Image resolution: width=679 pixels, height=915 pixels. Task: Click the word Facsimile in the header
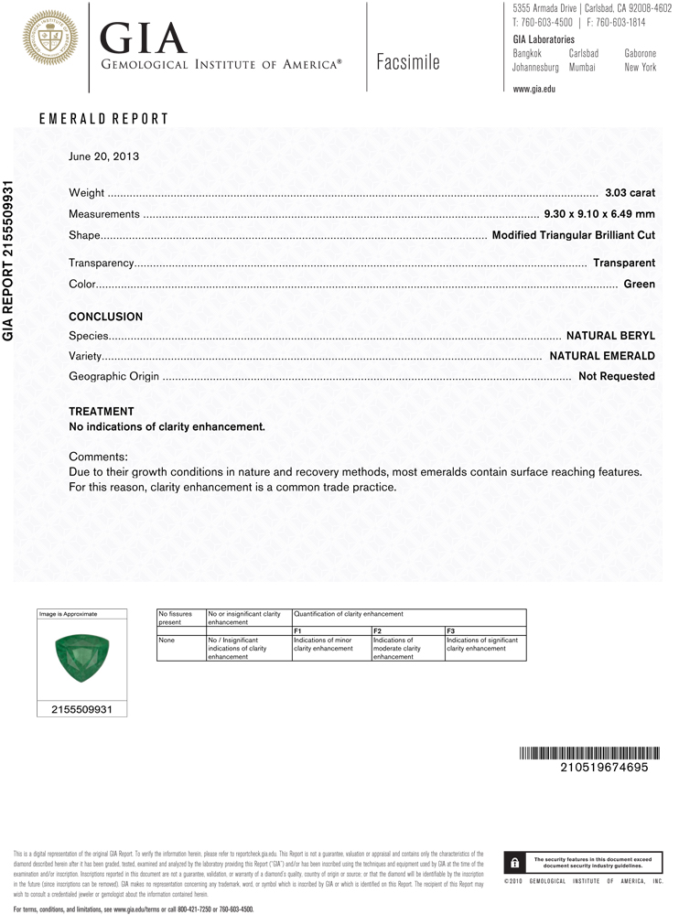point(407,62)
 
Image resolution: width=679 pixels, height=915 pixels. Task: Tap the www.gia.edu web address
point(534,89)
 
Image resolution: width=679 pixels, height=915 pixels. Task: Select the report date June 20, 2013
point(103,156)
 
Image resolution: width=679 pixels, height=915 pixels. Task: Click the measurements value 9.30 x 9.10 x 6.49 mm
point(599,214)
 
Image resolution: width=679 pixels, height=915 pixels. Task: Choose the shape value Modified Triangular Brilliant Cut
point(574,235)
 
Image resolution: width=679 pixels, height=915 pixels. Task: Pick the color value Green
point(639,284)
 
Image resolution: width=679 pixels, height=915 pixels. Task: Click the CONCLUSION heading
point(106,317)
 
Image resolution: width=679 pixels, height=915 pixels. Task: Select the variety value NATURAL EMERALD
point(602,356)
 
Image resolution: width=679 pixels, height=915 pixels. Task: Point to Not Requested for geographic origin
point(617,376)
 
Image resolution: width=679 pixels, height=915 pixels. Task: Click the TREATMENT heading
point(102,412)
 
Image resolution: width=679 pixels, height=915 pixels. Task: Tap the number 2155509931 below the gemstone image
point(81,709)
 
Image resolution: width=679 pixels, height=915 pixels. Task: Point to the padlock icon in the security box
point(516,862)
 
